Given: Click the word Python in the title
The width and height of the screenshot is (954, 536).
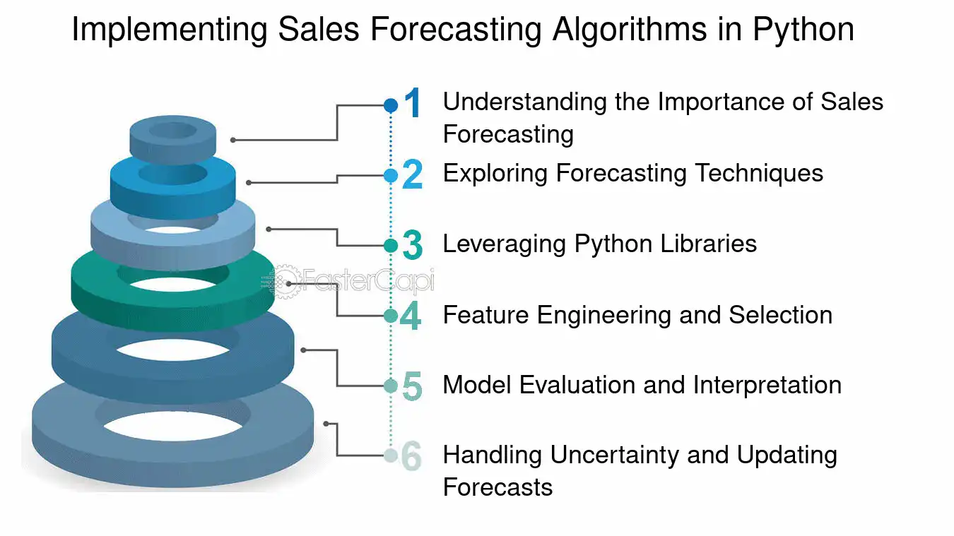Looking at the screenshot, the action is click(x=803, y=30).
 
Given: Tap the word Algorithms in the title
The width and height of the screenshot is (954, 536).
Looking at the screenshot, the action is click(x=630, y=30).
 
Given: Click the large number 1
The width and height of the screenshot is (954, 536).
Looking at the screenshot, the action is click(x=412, y=102).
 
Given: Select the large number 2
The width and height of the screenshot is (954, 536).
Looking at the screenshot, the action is click(x=412, y=174).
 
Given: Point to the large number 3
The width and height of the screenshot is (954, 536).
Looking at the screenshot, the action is click(x=412, y=245).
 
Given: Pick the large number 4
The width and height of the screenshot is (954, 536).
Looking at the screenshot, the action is click(x=411, y=316).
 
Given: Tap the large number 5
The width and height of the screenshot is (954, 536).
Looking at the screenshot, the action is click(x=412, y=386).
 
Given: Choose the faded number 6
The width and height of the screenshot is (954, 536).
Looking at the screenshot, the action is click(x=411, y=456).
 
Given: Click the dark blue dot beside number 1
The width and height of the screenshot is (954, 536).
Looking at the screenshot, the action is click(x=391, y=105).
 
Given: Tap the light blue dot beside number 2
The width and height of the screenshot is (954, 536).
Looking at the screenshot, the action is click(x=391, y=175).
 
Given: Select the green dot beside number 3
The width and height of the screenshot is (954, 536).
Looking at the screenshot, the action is click(x=391, y=246).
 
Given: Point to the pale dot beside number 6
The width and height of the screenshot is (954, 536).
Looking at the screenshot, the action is click(x=391, y=455).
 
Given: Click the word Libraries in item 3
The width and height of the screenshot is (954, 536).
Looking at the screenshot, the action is click(x=708, y=244).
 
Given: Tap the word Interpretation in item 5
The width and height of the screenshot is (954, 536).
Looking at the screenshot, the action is click(x=767, y=386).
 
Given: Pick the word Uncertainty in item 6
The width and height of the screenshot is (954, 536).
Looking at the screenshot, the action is click(x=615, y=455).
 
